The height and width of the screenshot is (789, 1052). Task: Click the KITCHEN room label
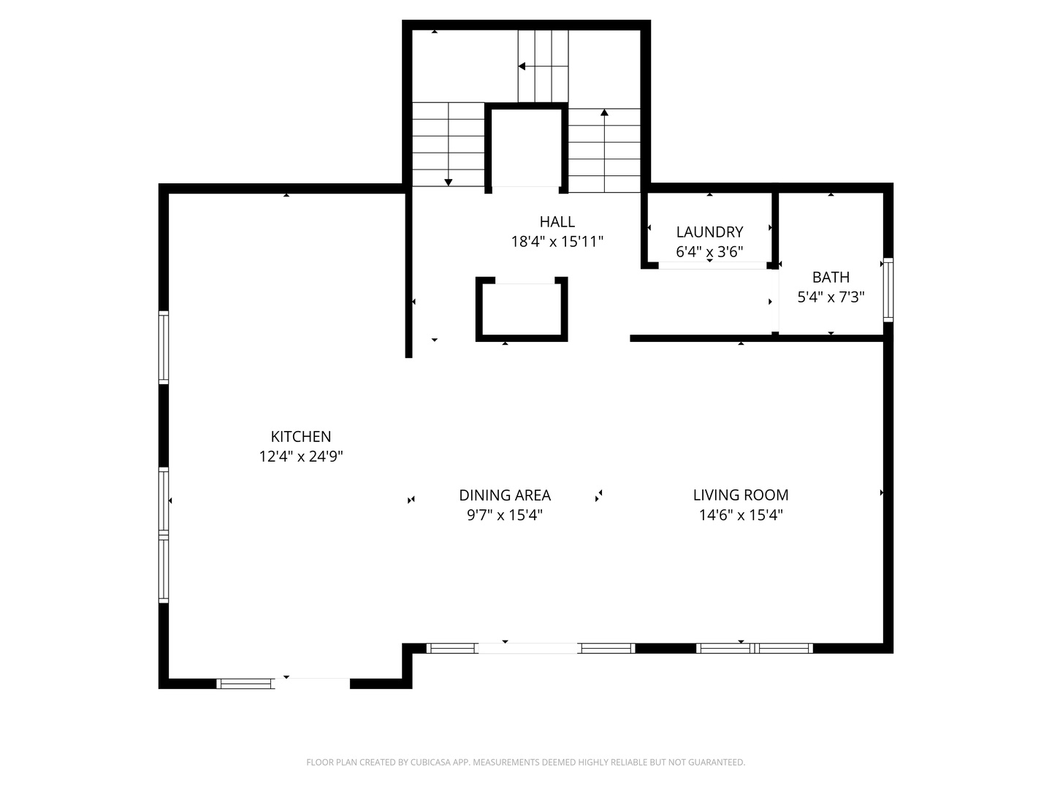300,437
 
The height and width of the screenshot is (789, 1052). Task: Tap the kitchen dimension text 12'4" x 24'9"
300,457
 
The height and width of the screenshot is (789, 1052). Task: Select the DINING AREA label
504,495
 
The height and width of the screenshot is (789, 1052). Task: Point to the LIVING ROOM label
740,495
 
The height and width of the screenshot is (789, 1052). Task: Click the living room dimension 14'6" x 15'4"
740,515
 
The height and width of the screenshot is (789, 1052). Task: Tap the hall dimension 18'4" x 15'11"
557,242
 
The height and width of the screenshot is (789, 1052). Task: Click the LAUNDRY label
709,232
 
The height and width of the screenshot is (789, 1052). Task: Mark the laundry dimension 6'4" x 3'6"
709,252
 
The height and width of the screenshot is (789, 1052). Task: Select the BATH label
831,278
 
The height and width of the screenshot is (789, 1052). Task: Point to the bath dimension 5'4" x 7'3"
831,297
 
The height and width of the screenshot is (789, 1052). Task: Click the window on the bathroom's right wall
888,290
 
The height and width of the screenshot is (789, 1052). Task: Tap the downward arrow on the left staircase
449,181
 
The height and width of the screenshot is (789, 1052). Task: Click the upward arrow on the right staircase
604,113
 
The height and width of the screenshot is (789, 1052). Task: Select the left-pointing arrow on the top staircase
522,66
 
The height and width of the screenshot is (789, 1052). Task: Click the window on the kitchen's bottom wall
245,684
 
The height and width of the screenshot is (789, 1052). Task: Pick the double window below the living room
754,648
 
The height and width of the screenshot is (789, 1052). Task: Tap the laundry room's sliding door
712,265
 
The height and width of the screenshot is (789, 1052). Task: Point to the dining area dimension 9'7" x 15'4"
504,515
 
